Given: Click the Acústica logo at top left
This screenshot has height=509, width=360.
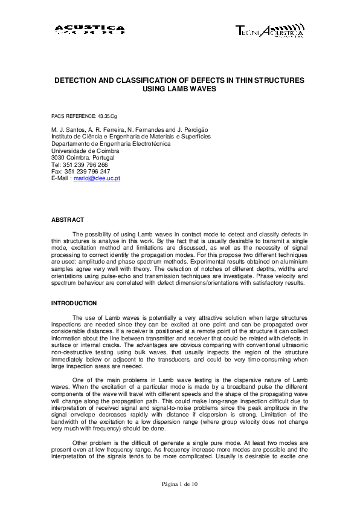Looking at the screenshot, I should coord(89,30).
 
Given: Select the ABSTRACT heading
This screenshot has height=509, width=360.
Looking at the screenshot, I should coord(68,219).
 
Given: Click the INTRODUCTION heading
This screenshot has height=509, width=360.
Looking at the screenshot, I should coord(74,302).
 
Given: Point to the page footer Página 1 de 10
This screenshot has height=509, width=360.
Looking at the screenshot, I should coord(179,484).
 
